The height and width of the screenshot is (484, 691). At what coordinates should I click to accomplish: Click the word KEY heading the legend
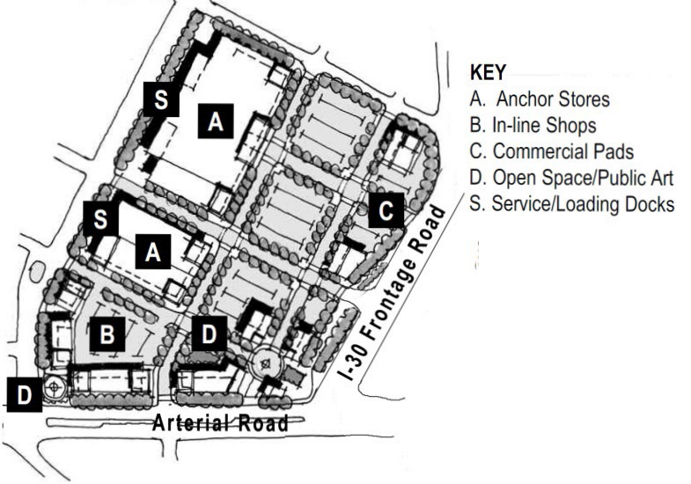click(x=488, y=73)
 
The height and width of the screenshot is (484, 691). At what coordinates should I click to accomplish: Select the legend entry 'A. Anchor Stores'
click(x=540, y=99)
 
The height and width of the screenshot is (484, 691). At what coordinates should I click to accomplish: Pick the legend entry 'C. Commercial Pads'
click(x=552, y=151)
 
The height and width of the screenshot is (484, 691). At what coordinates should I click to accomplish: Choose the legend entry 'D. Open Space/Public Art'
click(x=571, y=178)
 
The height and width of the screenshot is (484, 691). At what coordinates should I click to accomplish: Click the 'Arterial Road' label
click(x=220, y=423)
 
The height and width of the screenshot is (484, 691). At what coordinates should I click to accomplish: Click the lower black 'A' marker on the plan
click(x=153, y=253)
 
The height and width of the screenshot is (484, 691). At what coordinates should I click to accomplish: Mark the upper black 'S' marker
click(x=161, y=99)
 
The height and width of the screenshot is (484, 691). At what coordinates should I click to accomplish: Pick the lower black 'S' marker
click(x=100, y=219)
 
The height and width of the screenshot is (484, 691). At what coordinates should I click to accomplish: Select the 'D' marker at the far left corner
click(x=24, y=395)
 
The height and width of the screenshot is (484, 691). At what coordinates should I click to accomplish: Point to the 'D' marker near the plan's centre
click(x=210, y=335)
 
